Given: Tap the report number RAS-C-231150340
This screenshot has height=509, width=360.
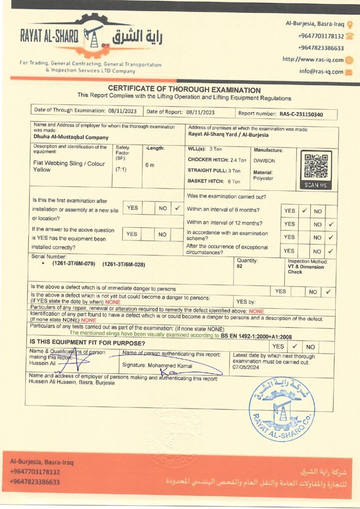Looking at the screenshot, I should click(301, 114).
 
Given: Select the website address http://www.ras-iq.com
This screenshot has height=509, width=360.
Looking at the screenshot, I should click(313, 60).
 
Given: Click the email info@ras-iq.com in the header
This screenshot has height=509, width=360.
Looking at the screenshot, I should click(321, 71).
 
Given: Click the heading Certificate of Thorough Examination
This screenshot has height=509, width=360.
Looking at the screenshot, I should click(184, 90).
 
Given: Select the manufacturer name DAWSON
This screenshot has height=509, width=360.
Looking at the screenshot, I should click(264, 161).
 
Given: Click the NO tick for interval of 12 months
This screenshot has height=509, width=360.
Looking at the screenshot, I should click(331, 224).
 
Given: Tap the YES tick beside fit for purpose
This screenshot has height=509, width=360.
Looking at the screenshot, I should click(294, 346).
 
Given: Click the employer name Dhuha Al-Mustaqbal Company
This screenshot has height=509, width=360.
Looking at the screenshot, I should click(71, 137).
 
